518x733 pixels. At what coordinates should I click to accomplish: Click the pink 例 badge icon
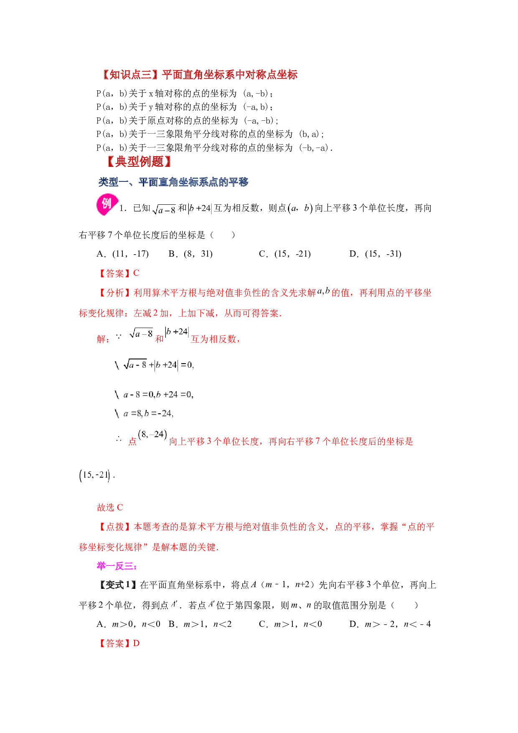pos(107,205)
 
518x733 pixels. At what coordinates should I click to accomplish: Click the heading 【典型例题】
pos(139,162)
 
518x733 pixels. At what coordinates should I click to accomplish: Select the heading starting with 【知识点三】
pos(199,75)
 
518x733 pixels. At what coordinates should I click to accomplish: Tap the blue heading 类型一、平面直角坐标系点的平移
pos(173,182)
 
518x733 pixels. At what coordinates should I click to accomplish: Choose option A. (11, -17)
pos(122,254)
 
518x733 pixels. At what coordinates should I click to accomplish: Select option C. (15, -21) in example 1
pos(285,254)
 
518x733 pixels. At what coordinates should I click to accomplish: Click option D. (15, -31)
pos(375,254)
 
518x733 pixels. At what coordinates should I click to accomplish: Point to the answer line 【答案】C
pos(118,273)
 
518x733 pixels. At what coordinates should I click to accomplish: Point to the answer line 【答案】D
pos(118,644)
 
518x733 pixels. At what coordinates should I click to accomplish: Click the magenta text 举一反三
pos(117,566)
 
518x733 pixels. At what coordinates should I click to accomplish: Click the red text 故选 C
pos(110,507)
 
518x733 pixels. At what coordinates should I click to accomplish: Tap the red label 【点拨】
pos(115,527)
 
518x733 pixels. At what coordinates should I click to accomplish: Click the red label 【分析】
pos(115,293)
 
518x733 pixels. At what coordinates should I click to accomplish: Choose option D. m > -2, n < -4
pos(390,624)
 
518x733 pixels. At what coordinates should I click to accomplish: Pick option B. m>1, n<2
pos(200,624)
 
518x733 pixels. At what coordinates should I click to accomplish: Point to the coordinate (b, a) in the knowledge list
pos(310,134)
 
